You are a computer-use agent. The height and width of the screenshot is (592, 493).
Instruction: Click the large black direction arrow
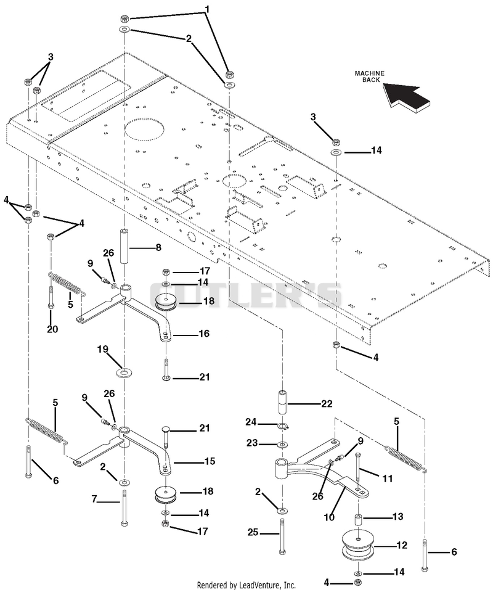(407, 97)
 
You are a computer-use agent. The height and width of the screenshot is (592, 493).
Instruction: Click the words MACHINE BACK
(369, 76)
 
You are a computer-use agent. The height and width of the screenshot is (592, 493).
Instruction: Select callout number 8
(158, 247)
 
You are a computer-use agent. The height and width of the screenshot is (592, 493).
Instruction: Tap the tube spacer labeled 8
(125, 246)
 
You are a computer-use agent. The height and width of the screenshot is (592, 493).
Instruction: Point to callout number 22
(327, 404)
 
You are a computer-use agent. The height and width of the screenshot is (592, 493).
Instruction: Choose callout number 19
(102, 350)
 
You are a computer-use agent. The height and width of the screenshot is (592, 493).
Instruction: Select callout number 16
(204, 334)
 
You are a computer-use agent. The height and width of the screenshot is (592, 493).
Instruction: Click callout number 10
(329, 517)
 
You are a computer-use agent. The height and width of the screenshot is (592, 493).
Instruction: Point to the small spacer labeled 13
(358, 519)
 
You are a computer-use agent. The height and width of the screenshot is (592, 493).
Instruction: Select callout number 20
(52, 329)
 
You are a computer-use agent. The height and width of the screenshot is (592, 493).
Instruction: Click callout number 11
(388, 479)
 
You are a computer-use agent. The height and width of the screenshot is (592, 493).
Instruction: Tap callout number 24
(252, 422)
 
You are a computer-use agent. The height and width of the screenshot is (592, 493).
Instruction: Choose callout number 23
(253, 443)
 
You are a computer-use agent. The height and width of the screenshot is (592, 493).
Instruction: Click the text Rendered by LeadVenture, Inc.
(246, 585)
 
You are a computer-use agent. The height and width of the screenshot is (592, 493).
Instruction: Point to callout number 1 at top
(206, 8)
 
